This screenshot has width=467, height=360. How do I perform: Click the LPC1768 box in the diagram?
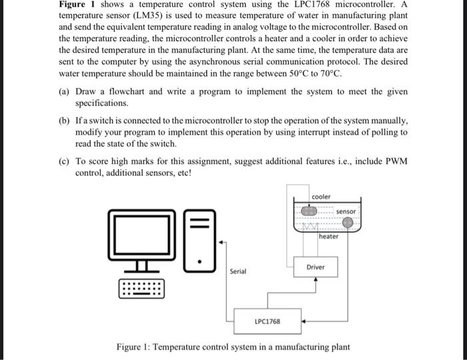click(x=267, y=321)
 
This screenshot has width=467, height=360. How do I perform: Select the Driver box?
click(x=316, y=267)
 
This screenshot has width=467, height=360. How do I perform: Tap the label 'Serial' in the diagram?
click(x=238, y=271)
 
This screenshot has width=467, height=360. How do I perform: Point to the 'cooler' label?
click(x=321, y=197)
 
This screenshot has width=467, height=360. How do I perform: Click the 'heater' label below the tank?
click(x=328, y=237)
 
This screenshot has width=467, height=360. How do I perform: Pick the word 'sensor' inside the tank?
click(x=346, y=211)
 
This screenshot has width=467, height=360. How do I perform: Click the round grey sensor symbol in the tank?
click(x=347, y=223)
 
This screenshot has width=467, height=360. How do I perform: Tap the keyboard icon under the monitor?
click(x=141, y=289)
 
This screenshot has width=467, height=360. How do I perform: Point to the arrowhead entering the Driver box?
click(x=316, y=280)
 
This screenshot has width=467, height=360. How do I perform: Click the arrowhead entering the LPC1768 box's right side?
click(x=304, y=321)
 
